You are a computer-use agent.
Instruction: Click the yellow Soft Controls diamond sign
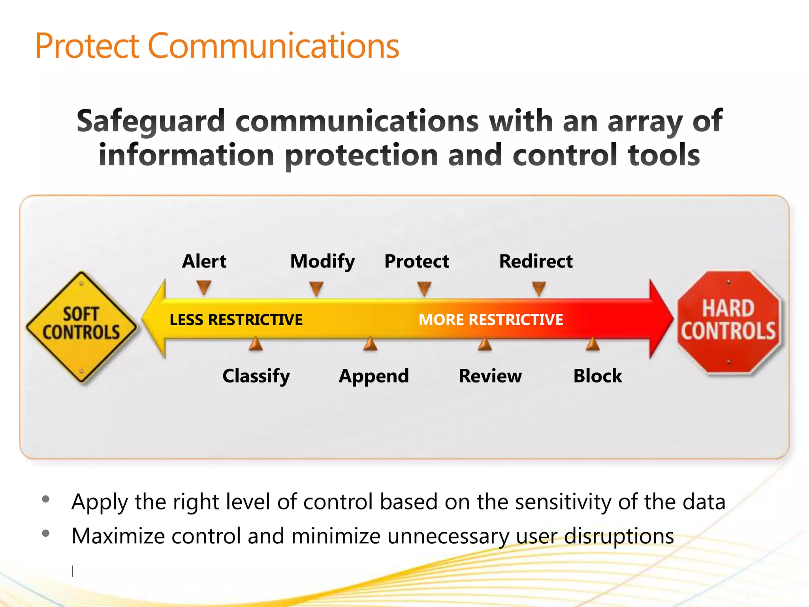click(81, 326)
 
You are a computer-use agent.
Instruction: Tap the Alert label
click(204, 261)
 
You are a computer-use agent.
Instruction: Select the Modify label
click(322, 262)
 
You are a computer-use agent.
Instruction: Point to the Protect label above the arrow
click(417, 261)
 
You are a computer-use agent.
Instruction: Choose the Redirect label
click(536, 261)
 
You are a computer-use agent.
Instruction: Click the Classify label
click(256, 376)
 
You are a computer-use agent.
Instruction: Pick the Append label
click(374, 376)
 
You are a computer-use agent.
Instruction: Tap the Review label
click(490, 376)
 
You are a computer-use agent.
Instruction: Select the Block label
click(598, 376)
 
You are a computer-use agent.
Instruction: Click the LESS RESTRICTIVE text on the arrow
click(236, 320)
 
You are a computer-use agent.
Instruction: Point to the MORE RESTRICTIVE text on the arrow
click(491, 320)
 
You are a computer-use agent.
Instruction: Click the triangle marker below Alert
click(204, 287)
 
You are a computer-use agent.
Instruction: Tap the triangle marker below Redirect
click(539, 288)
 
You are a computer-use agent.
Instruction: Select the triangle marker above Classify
click(256, 344)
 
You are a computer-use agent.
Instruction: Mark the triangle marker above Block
click(593, 344)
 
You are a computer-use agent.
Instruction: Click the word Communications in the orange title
click(273, 46)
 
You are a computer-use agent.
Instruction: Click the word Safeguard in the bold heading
click(151, 121)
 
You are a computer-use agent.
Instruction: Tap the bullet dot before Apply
click(46, 499)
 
